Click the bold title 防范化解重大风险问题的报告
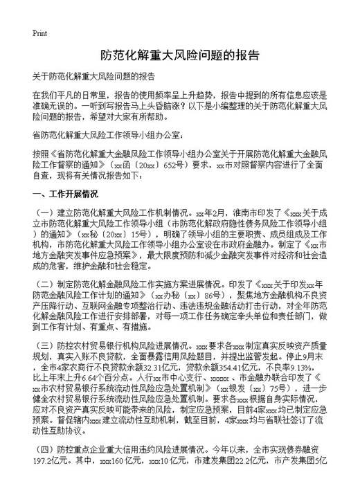click(x=180, y=55)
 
